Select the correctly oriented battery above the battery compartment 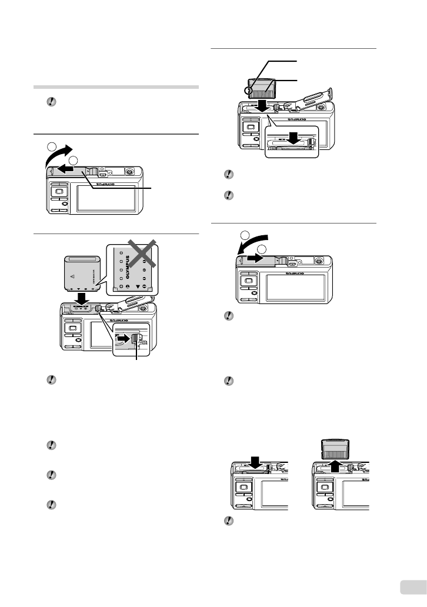point(81,273)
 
